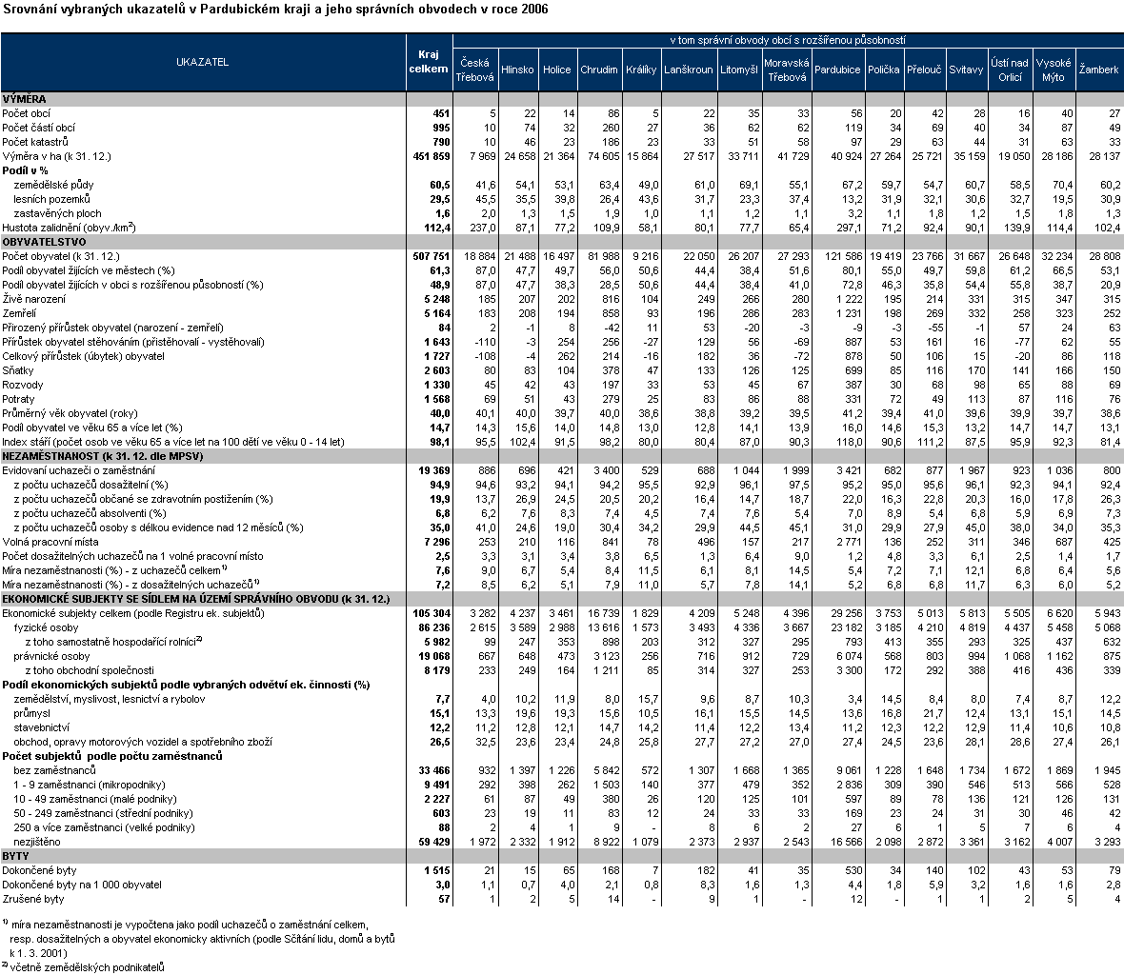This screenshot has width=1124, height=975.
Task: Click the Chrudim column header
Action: click(598, 70)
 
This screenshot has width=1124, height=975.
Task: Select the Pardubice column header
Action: click(837, 70)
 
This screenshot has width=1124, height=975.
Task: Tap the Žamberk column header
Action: click(1098, 70)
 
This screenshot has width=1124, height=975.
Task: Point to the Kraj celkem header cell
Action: click(428, 62)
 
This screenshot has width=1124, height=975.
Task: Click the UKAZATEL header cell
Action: click(202, 62)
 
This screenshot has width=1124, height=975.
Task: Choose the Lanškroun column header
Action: click(688, 70)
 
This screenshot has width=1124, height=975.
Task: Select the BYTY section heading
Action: click(17, 856)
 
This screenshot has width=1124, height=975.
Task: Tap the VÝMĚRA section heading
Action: click(25, 99)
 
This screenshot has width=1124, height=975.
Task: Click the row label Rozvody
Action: click(23, 385)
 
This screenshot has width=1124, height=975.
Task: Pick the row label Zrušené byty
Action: click(33, 899)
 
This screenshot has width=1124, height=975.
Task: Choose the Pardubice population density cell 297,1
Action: click(848, 228)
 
